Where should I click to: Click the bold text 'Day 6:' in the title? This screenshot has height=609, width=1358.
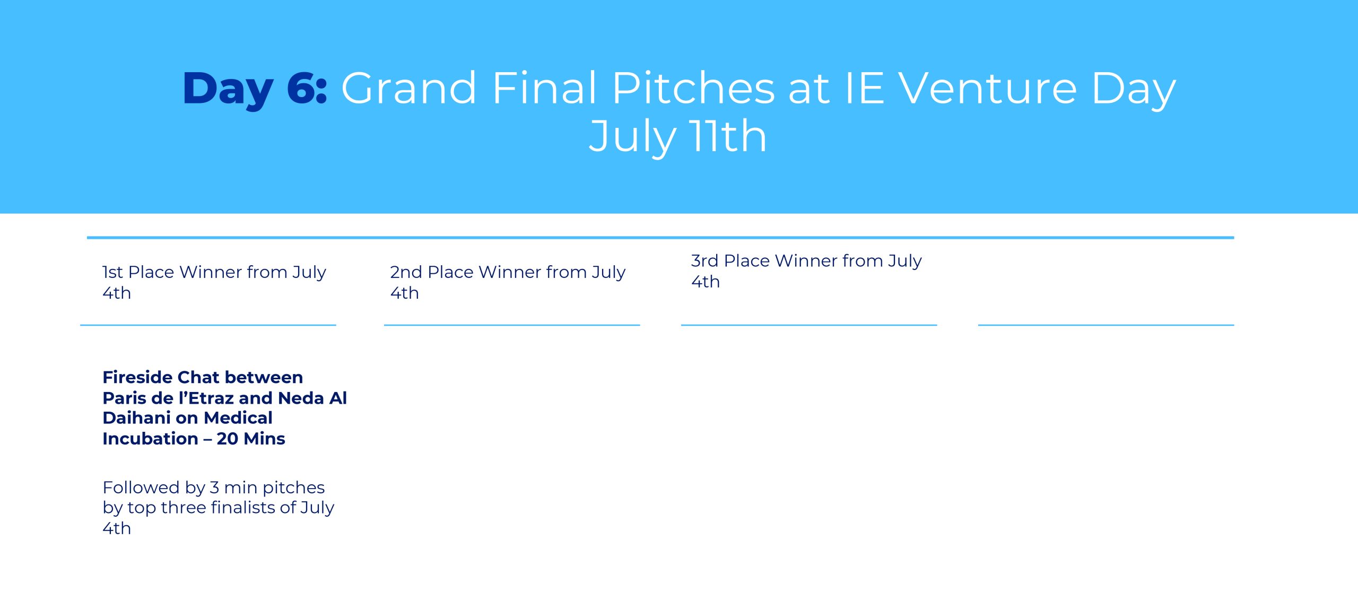255,89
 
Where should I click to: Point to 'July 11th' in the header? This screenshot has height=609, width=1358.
678,137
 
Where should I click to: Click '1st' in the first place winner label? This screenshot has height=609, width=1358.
112,272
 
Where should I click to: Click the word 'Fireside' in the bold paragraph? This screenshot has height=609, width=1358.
137,377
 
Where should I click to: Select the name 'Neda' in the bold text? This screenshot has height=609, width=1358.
301,398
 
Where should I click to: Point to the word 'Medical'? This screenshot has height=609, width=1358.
238,418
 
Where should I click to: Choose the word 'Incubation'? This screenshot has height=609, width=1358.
151,439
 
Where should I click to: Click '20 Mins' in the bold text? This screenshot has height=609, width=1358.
251,439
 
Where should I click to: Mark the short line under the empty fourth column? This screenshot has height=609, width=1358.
1106,325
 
